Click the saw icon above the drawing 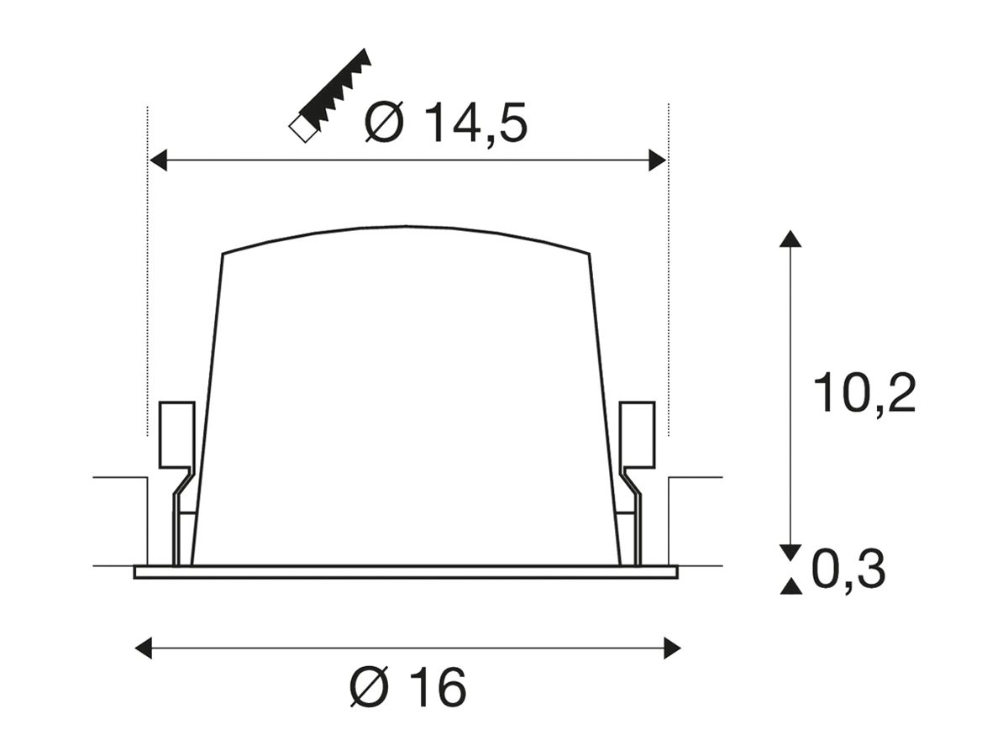pyautogui.click(x=330, y=95)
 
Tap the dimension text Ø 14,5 pyautogui.click(x=445, y=123)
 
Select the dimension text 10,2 pyautogui.click(x=864, y=393)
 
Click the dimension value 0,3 pyautogui.click(x=848, y=570)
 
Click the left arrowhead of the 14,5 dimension pyautogui.click(x=159, y=160)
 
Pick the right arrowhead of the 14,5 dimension pyautogui.click(x=657, y=160)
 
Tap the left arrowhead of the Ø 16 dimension pyautogui.click(x=144, y=648)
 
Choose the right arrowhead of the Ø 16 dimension pyautogui.click(x=672, y=648)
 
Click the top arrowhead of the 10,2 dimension pyautogui.click(x=790, y=239)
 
